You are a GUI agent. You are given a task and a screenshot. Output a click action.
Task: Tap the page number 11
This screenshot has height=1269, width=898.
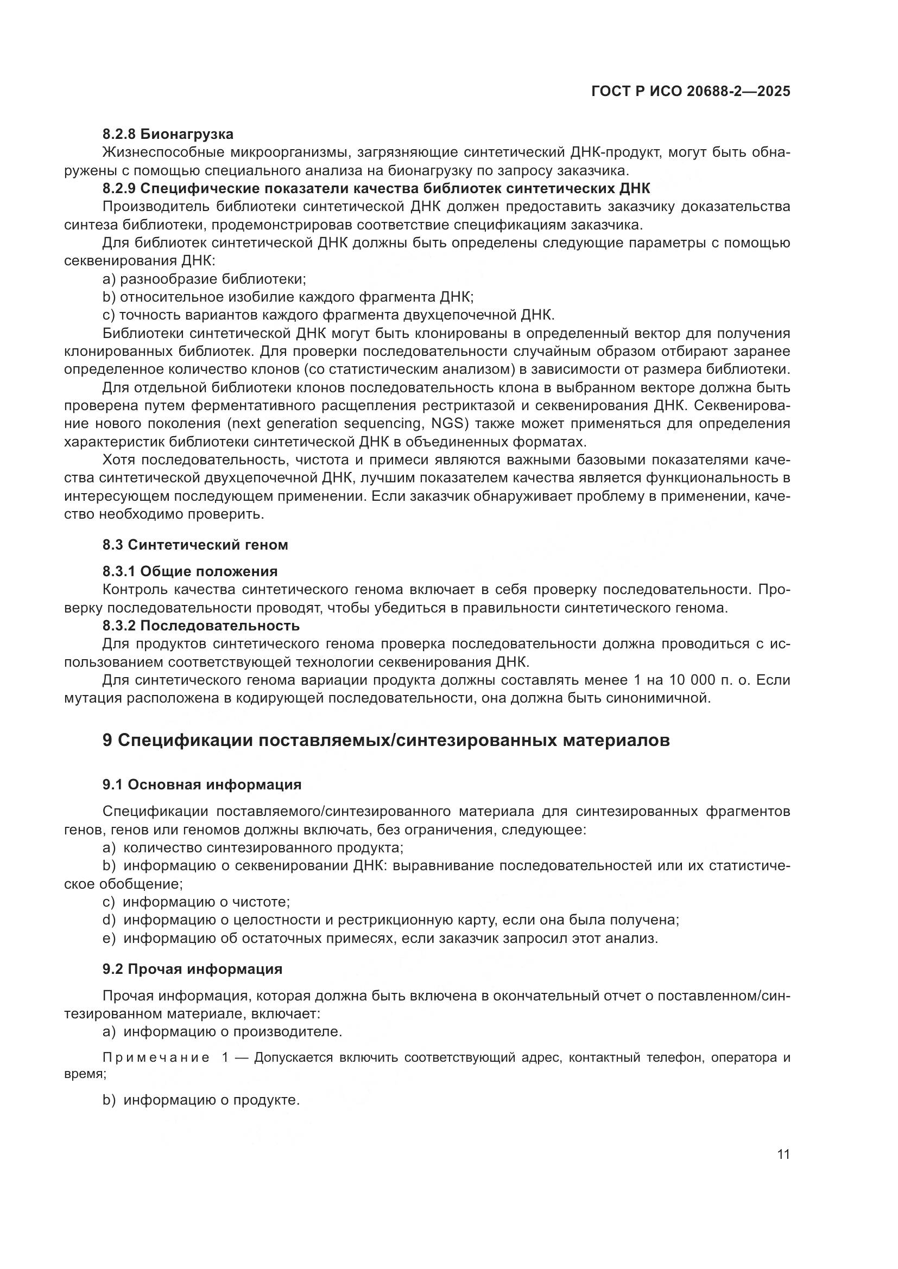(x=783, y=1155)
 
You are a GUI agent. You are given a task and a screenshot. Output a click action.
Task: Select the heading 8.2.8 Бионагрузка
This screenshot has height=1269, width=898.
(x=168, y=135)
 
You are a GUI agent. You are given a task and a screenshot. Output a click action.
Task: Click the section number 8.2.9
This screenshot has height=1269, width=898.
(x=119, y=188)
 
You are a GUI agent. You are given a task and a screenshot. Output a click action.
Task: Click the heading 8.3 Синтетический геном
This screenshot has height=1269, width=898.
(x=195, y=545)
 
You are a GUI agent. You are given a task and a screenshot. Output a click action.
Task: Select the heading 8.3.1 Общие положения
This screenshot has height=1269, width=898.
(x=190, y=571)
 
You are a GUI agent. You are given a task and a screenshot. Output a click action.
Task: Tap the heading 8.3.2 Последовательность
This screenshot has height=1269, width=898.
(x=201, y=626)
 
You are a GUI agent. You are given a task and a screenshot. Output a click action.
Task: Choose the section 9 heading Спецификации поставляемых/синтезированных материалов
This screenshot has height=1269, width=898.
(x=386, y=740)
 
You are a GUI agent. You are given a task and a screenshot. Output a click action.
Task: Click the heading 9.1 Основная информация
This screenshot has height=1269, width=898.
(x=202, y=785)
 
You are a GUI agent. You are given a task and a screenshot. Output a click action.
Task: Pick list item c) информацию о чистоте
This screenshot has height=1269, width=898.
(x=197, y=902)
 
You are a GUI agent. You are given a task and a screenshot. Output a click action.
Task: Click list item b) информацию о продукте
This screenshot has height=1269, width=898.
(x=201, y=1100)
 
